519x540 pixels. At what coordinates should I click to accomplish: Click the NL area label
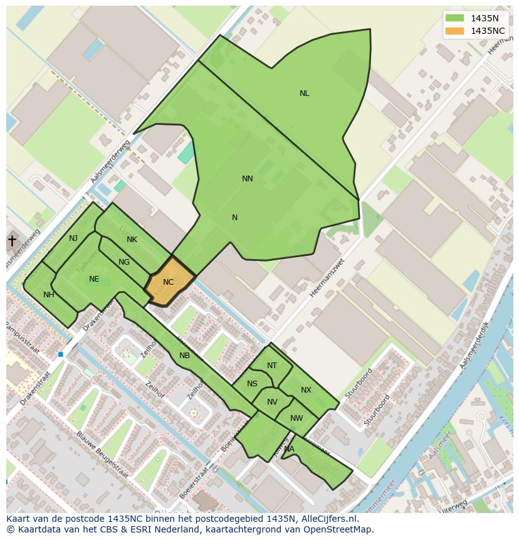[x=304, y=93]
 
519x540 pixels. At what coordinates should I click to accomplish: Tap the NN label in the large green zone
[x=248, y=179]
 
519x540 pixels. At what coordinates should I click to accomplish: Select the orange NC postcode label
[x=168, y=282]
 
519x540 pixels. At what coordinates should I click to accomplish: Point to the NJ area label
[x=73, y=238]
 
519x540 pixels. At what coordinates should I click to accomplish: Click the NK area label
[x=132, y=240]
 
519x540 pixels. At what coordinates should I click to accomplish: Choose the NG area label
[x=124, y=262]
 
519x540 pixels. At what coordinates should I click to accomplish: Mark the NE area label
[x=94, y=279]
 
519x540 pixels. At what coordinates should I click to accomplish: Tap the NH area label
[x=49, y=295]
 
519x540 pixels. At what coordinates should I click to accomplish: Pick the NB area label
[x=184, y=356]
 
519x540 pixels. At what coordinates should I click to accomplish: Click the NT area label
[x=272, y=366]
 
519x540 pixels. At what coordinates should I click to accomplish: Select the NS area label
[x=252, y=384]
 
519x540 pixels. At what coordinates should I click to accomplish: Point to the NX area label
[x=306, y=390]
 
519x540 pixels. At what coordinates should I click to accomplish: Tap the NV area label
[x=272, y=402]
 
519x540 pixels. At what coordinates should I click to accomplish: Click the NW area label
[x=296, y=418]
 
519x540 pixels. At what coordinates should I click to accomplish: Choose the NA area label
[x=289, y=449]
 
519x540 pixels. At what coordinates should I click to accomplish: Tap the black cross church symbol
[x=11, y=240]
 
